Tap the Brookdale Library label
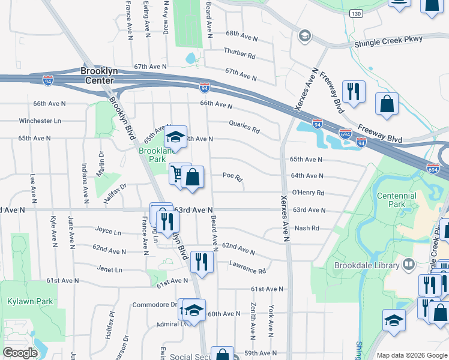coord(372,265)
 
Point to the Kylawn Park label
coord(29,302)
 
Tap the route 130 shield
coord(357,13)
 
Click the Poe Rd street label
coord(232,177)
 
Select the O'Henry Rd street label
coord(308,193)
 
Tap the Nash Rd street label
coord(306,228)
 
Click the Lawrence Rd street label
coord(247,271)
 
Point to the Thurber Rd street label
coord(240,53)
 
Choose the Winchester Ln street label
coord(40,121)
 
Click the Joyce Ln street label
coord(108,231)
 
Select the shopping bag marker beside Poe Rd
coord(193,177)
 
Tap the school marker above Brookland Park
coord(175,137)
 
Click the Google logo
coord(20,353)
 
